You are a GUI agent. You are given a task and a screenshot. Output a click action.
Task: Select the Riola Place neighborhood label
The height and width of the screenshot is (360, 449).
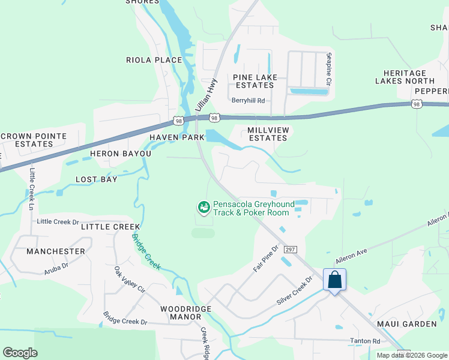[x=154, y=60]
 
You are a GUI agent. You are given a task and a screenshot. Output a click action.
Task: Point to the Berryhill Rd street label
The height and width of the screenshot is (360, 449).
[x=249, y=101]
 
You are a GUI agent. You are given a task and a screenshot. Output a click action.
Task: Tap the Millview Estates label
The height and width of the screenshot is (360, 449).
[x=268, y=134]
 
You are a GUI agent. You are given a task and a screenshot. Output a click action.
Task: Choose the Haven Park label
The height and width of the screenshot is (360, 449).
[x=177, y=137]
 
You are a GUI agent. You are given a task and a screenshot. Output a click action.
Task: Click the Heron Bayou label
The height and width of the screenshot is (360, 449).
[x=112, y=154]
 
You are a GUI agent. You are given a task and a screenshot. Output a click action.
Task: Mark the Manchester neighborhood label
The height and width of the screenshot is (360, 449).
[x=56, y=251]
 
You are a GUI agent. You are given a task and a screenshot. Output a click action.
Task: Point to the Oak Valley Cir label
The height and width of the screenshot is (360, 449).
[x=130, y=280]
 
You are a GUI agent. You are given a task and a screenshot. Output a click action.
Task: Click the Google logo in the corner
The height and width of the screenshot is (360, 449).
[x=20, y=353]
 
